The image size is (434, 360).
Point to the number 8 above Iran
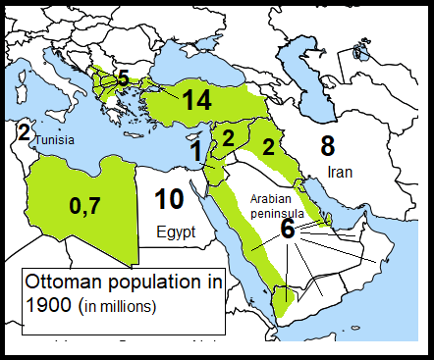(x=328, y=146)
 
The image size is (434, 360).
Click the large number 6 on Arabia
(x=287, y=229)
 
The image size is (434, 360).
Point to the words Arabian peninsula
(x=276, y=203)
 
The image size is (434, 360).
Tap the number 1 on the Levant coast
(x=196, y=151)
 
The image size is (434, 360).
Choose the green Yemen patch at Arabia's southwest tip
(x=282, y=300)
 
